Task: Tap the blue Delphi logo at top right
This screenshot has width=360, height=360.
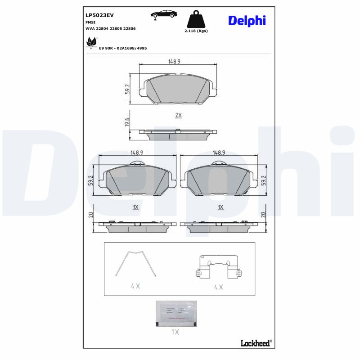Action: pos(247,21)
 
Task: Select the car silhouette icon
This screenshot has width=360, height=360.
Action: pos(163,14)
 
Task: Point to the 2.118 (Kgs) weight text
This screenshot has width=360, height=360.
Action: pos(196,31)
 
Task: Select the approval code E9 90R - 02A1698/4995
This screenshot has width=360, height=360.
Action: pos(123,48)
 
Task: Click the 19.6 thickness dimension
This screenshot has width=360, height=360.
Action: pos(127,122)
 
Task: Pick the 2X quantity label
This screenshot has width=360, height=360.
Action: pos(178,115)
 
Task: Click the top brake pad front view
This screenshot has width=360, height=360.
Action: pos(178,89)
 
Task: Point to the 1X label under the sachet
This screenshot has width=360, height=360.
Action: pos(175,332)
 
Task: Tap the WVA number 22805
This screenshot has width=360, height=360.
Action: pos(117,28)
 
